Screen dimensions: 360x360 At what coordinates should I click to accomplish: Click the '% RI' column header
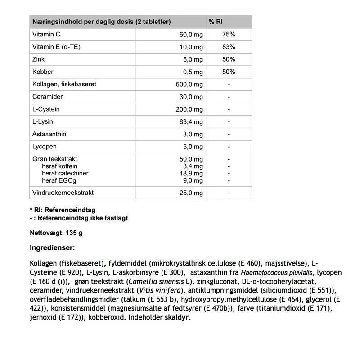pyautogui.click(x=216, y=22)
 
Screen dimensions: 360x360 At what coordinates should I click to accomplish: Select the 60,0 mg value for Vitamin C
pyautogui.click(x=191, y=35)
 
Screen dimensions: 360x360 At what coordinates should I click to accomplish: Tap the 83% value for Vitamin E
pyautogui.click(x=229, y=47)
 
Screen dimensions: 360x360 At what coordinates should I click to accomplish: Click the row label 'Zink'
pyautogui.click(x=39, y=59)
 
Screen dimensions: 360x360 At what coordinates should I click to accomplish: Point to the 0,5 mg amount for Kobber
pyautogui.click(x=193, y=72)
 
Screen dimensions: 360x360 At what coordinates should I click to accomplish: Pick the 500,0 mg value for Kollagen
pyautogui.click(x=189, y=85)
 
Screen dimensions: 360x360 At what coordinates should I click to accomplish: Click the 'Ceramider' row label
pyautogui.click(x=47, y=97)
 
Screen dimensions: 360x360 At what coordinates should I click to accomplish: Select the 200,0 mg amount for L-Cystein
pyautogui.click(x=189, y=109)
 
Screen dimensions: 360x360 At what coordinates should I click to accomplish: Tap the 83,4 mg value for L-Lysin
pyautogui.click(x=191, y=122)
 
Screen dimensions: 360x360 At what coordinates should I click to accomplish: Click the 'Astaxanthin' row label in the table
pyautogui.click(x=49, y=134)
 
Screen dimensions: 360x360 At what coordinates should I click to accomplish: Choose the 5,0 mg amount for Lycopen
pyautogui.click(x=193, y=147)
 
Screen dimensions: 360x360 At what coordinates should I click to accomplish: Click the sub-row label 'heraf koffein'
pyautogui.click(x=60, y=166)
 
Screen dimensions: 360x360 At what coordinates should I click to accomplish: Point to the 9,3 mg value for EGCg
pyautogui.click(x=193, y=180)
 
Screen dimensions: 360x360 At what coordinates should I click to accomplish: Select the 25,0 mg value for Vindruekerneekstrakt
pyautogui.click(x=191, y=193)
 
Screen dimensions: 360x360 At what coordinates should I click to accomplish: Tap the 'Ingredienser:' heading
pyautogui.click(x=52, y=248)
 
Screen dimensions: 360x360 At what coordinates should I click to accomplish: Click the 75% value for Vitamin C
pyautogui.click(x=229, y=35)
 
